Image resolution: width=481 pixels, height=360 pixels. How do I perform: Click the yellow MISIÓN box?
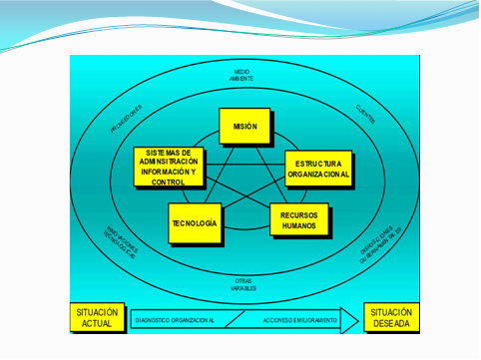[x=245, y=127]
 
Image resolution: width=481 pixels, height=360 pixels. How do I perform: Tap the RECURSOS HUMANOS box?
[x=298, y=218]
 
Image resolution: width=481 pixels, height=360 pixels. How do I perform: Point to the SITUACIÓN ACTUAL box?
[x=98, y=318]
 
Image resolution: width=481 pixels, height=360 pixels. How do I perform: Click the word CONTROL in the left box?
[x=167, y=182]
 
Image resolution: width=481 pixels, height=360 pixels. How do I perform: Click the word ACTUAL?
[x=98, y=325]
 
